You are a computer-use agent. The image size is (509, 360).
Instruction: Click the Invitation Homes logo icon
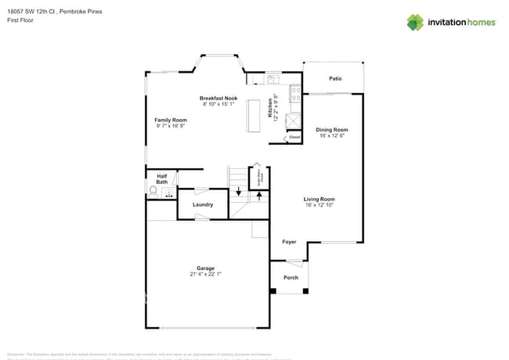point(414,22)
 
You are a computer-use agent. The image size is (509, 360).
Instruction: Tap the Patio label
point(335,78)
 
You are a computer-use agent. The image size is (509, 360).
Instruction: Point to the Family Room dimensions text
point(170,125)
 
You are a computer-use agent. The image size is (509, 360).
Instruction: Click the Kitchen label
point(271,106)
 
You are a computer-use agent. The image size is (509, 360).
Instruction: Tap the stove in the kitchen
point(296,95)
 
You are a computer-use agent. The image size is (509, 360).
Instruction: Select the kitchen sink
point(273,78)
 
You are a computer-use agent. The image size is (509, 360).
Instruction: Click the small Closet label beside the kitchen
point(294,137)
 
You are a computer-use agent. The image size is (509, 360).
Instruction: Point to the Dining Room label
point(332,129)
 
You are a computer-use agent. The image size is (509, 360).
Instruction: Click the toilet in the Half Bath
point(153,190)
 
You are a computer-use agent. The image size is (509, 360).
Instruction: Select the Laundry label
point(203,204)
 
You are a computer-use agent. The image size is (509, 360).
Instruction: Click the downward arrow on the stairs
point(239,191)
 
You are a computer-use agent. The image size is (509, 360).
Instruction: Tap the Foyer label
point(289,242)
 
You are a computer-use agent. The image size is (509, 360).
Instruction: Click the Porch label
point(291,277)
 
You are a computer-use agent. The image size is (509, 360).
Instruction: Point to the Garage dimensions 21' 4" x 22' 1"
point(205,274)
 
